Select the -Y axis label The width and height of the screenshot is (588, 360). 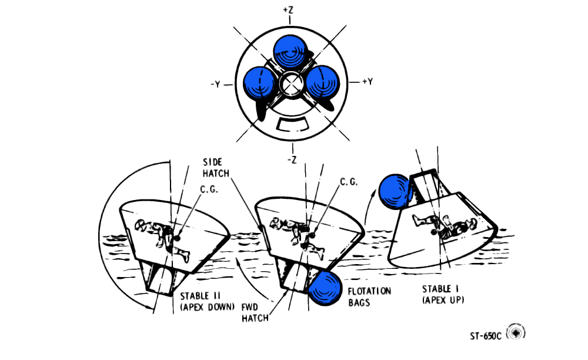(215, 84)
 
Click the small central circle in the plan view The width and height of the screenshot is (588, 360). (290, 84)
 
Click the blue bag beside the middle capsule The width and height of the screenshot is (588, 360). (325, 289)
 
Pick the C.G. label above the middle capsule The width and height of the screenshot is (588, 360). (348, 183)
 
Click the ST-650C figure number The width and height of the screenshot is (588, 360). (486, 336)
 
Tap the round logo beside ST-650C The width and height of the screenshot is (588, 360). (516, 333)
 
